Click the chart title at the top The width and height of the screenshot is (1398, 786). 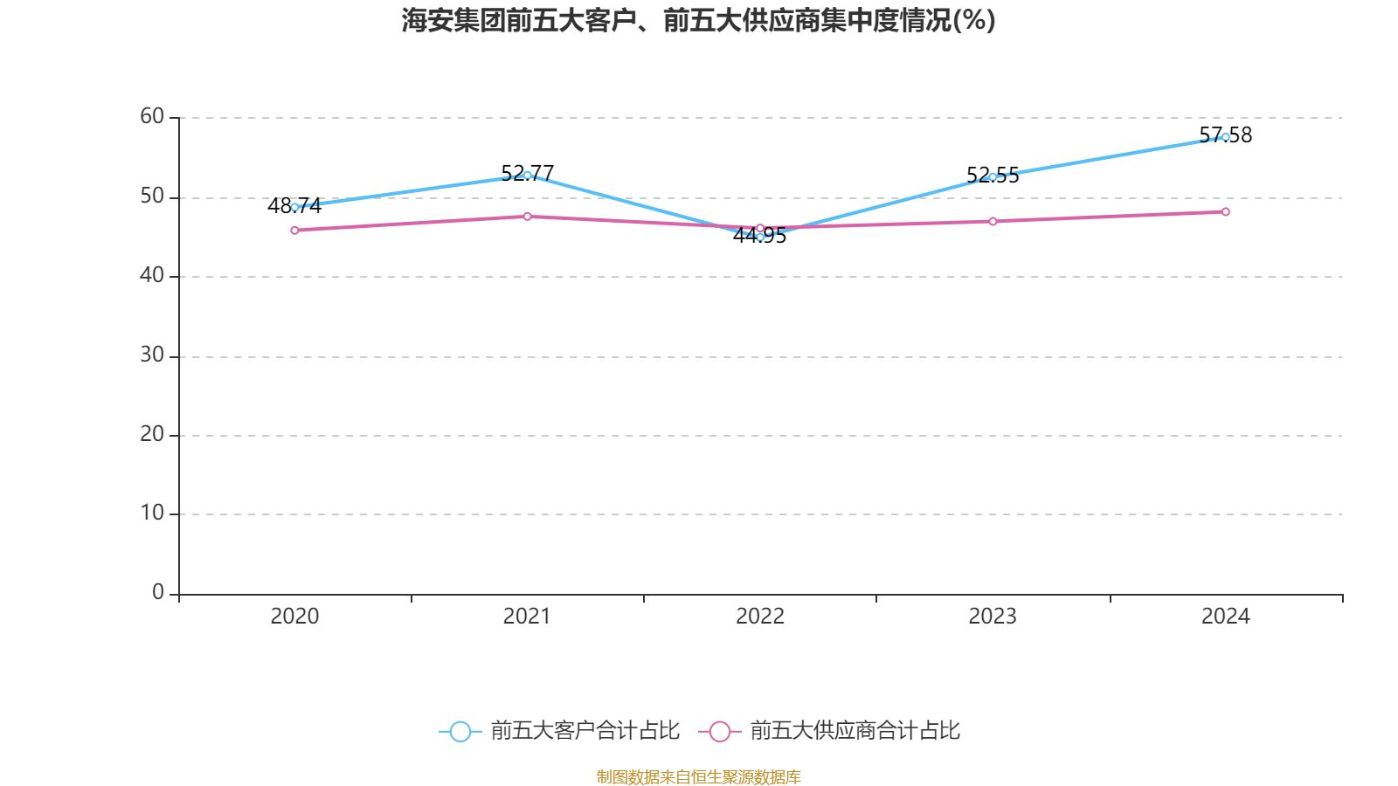[x=698, y=20]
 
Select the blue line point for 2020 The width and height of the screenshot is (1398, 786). [x=294, y=208]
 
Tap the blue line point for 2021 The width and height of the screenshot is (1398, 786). [x=527, y=176]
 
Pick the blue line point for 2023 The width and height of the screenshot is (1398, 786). [x=993, y=177]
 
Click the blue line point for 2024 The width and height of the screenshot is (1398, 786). [x=1225, y=137]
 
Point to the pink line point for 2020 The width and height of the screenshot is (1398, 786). [x=294, y=231]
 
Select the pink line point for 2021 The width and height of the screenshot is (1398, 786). [x=527, y=217]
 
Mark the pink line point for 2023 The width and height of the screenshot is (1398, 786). [x=993, y=222]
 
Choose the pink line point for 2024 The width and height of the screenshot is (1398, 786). [x=1225, y=211]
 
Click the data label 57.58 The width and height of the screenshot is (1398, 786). [x=1225, y=135]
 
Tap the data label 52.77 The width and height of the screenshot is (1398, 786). [x=527, y=173]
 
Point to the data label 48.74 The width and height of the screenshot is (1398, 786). [x=294, y=206]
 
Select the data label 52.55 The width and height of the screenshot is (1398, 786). [x=993, y=175]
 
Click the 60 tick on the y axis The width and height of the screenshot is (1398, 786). [x=152, y=116]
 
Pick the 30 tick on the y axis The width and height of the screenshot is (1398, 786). [x=152, y=355]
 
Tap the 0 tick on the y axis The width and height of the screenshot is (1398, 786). [x=158, y=592]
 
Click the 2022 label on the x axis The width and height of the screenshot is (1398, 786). [x=759, y=617]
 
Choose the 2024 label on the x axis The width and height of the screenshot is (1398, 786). [x=1225, y=617]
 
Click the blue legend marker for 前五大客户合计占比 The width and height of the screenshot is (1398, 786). [x=460, y=731]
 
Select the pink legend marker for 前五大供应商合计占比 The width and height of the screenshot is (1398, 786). [x=719, y=731]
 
